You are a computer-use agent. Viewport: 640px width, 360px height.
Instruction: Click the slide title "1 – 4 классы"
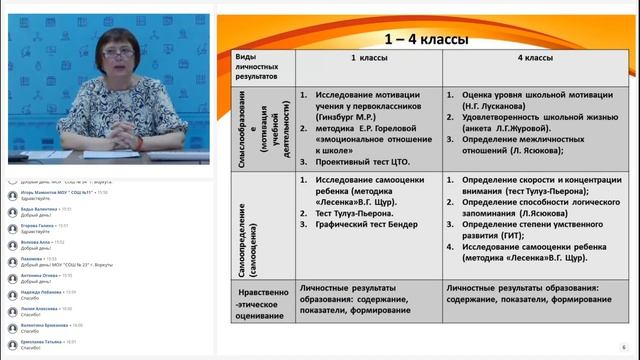pyautogui.click(x=431, y=40)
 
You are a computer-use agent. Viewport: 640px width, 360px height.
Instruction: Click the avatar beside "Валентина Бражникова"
pyautogui.click(x=13, y=327)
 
